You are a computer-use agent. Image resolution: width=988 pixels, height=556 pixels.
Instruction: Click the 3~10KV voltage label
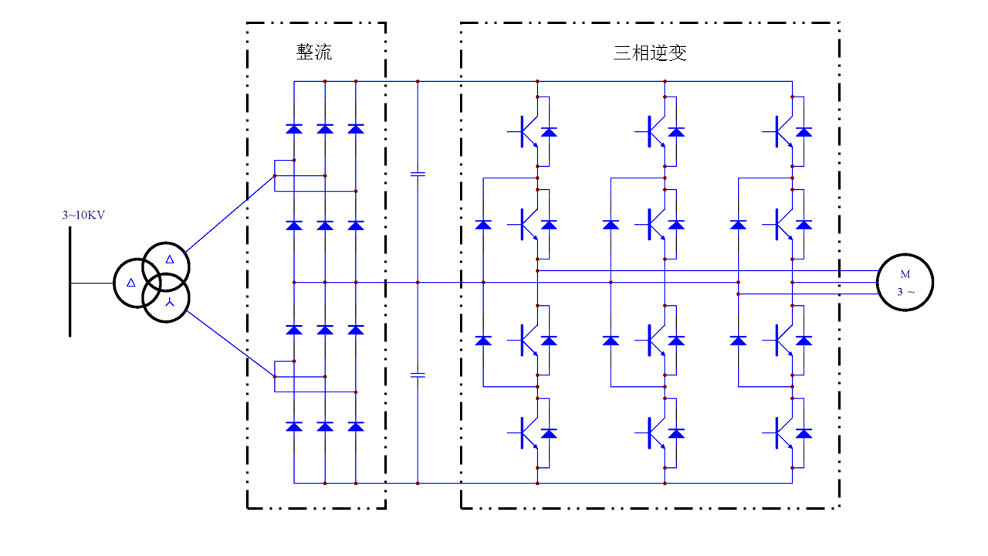click(83, 215)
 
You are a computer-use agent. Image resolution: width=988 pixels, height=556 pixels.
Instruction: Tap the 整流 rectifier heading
click(314, 53)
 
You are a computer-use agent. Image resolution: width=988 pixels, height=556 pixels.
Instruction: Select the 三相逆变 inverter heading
click(650, 53)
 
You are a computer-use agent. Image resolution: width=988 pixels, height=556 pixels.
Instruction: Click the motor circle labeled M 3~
click(905, 282)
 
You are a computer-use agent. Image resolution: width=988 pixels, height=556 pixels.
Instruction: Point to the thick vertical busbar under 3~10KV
click(69, 282)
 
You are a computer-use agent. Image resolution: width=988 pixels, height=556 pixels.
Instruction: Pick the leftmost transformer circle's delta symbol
click(131, 283)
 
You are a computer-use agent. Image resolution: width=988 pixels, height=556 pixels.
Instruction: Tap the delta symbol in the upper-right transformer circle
click(170, 259)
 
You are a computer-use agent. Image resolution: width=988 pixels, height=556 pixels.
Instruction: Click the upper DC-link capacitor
click(418, 175)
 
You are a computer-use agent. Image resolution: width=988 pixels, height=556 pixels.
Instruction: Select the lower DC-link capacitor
click(418, 375)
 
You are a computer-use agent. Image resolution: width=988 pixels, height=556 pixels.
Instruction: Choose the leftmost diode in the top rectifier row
click(294, 129)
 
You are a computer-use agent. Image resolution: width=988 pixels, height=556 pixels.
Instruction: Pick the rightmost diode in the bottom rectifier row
click(356, 426)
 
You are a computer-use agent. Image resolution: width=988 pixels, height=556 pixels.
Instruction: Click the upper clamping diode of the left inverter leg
click(483, 225)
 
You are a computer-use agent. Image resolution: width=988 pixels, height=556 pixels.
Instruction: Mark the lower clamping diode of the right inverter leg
click(738, 341)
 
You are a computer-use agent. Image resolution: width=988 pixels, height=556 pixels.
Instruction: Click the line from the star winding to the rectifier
click(229, 344)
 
